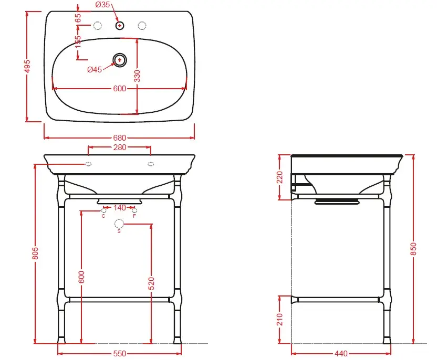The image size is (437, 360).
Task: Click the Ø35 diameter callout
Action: point(102,4)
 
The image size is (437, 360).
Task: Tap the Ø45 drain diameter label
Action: point(95,70)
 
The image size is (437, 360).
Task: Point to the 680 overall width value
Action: point(120,138)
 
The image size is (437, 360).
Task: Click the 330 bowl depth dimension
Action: point(137,76)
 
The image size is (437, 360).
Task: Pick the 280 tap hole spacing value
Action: point(120,147)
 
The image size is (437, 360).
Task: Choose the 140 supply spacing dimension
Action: point(120,208)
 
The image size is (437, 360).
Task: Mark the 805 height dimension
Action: point(35,253)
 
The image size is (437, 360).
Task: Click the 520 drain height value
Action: point(151,283)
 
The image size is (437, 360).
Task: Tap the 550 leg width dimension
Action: point(120,354)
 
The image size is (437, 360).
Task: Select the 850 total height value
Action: point(413,249)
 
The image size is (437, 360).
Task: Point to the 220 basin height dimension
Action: point(280,177)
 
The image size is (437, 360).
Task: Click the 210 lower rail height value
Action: point(280,320)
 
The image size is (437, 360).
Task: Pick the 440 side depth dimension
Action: point(341,354)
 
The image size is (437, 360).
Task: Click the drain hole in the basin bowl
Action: point(120,60)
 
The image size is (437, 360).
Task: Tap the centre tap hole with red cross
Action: point(120,26)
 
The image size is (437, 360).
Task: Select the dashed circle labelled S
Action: point(119,224)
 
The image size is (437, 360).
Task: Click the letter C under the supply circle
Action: point(103,216)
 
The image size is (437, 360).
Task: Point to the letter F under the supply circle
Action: point(134,216)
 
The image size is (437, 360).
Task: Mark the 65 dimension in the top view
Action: point(78,18)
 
